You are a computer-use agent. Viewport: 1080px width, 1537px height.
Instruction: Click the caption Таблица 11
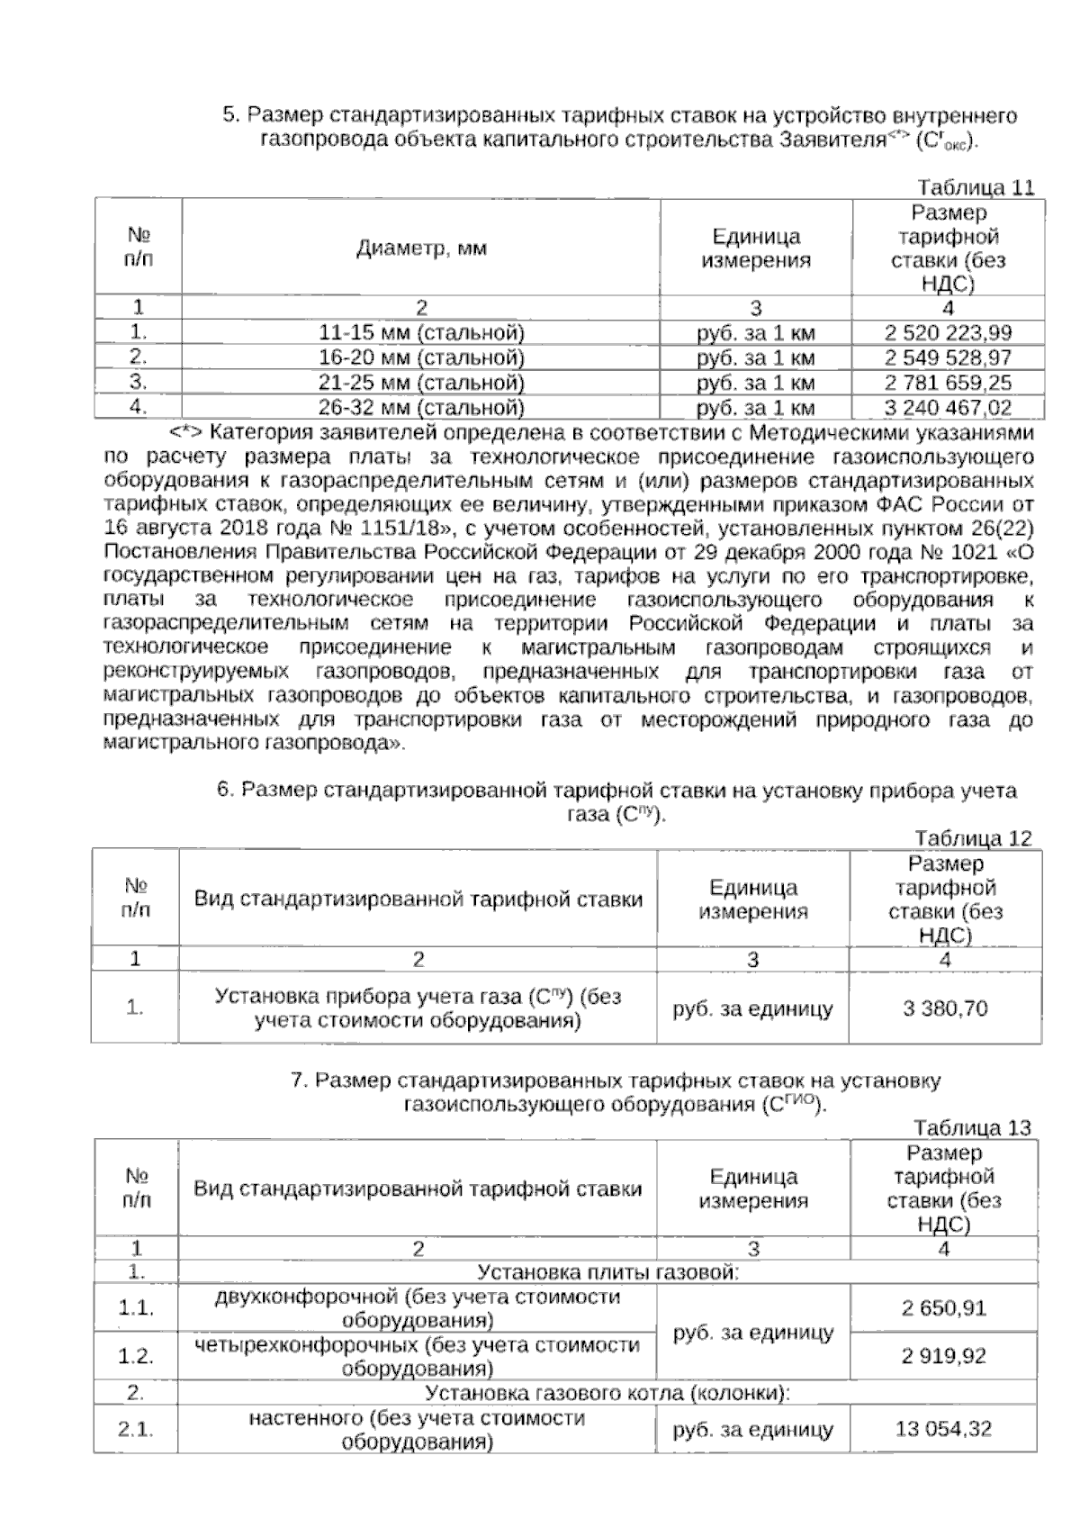975,187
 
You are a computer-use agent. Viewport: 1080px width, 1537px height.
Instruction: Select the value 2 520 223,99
948,332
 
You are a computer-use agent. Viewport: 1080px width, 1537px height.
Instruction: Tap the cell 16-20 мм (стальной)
422,357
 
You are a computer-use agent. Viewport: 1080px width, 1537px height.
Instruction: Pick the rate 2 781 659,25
948,382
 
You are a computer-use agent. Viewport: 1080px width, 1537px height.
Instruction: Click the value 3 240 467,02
948,407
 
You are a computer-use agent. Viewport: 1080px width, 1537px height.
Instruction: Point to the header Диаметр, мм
422,248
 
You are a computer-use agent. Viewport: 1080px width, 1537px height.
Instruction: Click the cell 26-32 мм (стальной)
422,407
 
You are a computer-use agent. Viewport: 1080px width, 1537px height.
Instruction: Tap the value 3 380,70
945,1008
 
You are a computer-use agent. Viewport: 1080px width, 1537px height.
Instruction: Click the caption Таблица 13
971,1127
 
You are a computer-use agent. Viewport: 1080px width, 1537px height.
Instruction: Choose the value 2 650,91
944,1307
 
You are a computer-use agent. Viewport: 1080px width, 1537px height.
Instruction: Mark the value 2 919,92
944,1355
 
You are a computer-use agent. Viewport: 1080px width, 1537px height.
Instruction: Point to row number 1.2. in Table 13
136,1356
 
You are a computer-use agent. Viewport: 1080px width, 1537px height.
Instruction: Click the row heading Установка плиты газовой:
607,1272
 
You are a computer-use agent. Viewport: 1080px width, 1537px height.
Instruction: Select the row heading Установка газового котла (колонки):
607,1393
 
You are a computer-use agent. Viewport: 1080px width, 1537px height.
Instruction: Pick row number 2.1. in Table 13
136,1429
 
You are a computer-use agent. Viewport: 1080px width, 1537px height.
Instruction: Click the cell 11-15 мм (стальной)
422,332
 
